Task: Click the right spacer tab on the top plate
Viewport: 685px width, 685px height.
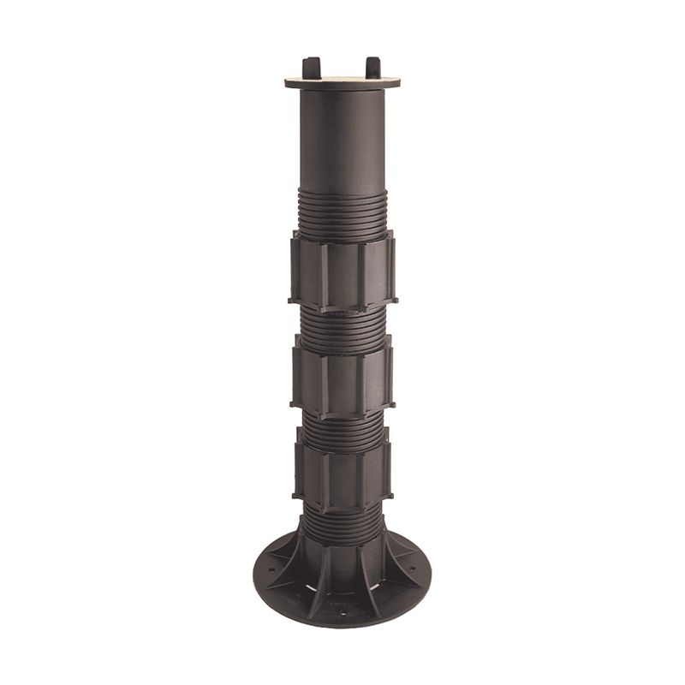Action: coord(372,66)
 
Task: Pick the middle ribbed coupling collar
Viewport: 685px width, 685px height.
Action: coord(342,372)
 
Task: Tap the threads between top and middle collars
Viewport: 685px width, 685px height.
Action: coord(342,321)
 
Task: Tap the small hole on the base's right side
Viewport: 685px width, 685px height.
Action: coord(414,567)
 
